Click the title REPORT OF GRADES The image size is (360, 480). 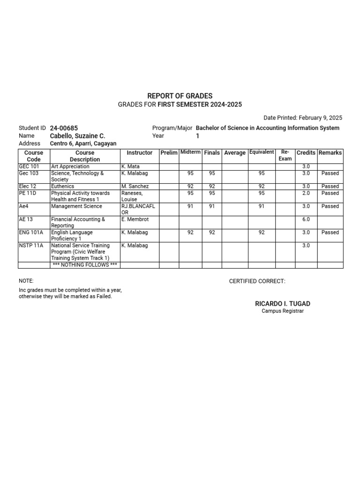coord(180,96)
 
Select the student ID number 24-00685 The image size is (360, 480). coord(64,128)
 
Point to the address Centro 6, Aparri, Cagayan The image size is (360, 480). coord(83,144)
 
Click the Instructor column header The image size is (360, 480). coord(139,153)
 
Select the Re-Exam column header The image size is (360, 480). coord(285,156)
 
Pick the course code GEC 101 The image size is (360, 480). coord(29,166)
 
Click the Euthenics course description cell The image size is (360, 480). coord(62,186)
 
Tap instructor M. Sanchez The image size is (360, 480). coord(135,186)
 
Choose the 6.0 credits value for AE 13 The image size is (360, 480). coord(306,219)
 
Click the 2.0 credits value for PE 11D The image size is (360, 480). coord(306,193)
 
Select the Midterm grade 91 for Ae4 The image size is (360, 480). coord(190,206)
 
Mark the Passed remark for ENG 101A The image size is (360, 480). coord(330,232)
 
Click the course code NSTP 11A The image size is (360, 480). coord(31,246)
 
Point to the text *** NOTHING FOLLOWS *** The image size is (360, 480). coord(85,265)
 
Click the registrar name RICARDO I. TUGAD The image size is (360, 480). coord(283,304)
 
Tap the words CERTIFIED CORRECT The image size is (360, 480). coord(257,281)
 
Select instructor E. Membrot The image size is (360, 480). coord(135,219)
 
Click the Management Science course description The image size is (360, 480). coord(76,206)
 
